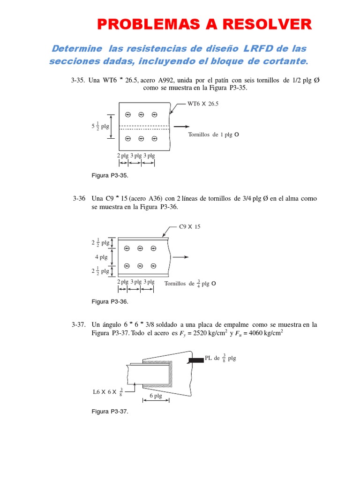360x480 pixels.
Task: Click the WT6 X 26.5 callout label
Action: click(x=203, y=105)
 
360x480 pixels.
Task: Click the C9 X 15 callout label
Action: click(x=190, y=227)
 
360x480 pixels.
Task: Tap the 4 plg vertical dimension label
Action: click(x=101, y=257)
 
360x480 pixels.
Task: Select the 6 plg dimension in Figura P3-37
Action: click(x=155, y=396)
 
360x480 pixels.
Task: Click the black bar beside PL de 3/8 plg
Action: click(x=196, y=360)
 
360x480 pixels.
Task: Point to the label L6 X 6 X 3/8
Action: click(x=108, y=391)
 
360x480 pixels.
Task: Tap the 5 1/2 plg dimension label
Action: click(x=100, y=126)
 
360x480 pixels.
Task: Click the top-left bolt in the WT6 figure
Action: click(x=127, y=114)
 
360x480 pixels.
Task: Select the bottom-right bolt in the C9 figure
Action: click(x=154, y=266)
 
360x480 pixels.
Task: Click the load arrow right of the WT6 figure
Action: click(x=182, y=127)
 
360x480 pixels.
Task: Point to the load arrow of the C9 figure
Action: click(x=181, y=257)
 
